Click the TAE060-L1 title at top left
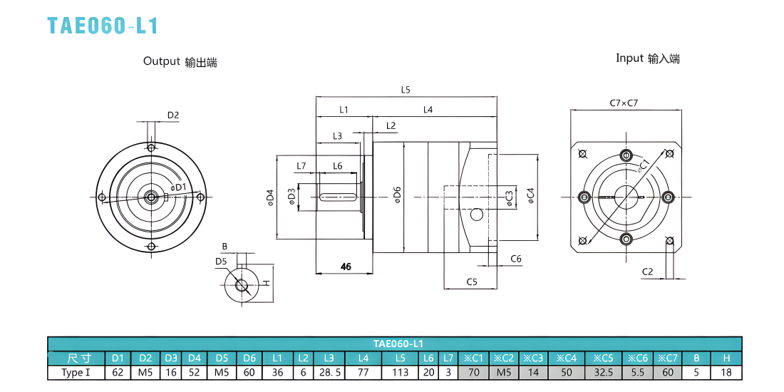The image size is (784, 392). (103, 26)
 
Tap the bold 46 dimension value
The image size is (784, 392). (346, 267)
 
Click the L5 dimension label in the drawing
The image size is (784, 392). (406, 90)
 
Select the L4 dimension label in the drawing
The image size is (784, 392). (428, 109)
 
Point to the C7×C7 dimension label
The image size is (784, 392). (624, 103)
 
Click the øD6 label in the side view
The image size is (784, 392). (396, 195)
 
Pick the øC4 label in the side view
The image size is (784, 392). (530, 195)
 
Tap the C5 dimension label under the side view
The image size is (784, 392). (472, 282)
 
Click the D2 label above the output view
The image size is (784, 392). (173, 115)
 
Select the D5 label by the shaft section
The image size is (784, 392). (222, 262)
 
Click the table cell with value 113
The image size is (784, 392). (400, 373)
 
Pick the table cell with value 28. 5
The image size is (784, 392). (329, 373)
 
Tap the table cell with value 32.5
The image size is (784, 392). (604, 373)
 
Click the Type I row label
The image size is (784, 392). (76, 373)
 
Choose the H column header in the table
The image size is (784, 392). (726, 358)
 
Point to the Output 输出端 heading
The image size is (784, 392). (180, 62)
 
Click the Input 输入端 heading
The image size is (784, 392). (647, 58)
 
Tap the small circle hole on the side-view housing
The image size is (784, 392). (477, 215)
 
